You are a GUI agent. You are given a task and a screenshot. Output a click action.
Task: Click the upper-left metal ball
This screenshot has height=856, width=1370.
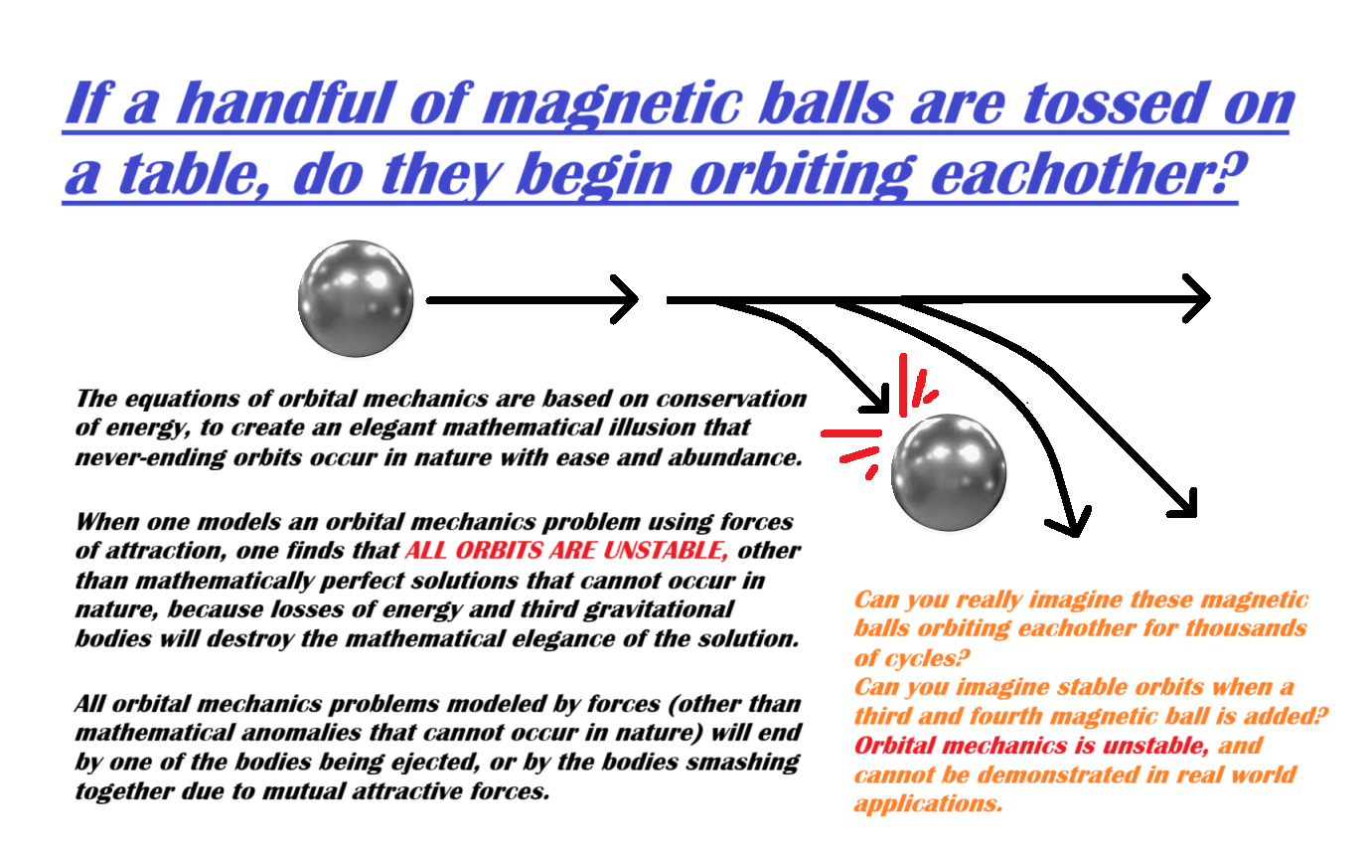point(356,298)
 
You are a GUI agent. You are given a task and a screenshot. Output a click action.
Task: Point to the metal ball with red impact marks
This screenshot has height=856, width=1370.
point(949,472)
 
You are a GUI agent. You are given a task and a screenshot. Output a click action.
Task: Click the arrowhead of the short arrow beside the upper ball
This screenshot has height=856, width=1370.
point(625,300)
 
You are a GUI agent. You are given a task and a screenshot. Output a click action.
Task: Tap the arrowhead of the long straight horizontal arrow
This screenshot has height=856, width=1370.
point(1196,298)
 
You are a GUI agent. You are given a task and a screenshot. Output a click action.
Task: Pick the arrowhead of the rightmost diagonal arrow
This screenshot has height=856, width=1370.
point(1183,504)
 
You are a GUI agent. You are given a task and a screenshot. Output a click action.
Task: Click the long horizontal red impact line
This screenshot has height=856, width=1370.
point(850,433)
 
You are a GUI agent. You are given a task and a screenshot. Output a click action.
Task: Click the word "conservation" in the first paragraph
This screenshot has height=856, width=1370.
point(731,399)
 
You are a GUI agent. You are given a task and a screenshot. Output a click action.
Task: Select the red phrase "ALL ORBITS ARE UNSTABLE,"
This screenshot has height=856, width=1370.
point(566,551)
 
